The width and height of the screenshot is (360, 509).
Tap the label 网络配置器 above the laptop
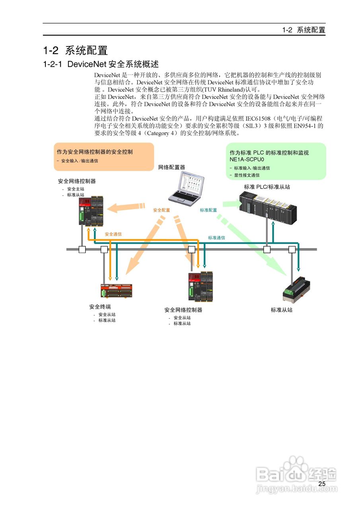(x=171, y=167)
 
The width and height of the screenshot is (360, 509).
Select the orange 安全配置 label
(x=162, y=210)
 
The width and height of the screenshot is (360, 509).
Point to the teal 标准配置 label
(x=208, y=210)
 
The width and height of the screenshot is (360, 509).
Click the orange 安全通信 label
(x=113, y=234)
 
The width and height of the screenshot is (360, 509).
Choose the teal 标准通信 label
(x=216, y=238)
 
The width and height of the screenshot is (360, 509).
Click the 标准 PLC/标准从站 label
(x=267, y=186)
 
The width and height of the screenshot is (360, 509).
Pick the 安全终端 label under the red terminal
(x=100, y=307)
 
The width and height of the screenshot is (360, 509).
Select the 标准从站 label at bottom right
(x=282, y=310)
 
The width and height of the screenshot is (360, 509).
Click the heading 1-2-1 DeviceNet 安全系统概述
(x=101, y=64)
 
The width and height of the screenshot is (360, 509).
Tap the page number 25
(x=322, y=484)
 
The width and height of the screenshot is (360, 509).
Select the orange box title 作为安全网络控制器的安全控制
(x=95, y=152)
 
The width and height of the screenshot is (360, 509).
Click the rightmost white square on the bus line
(x=292, y=249)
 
